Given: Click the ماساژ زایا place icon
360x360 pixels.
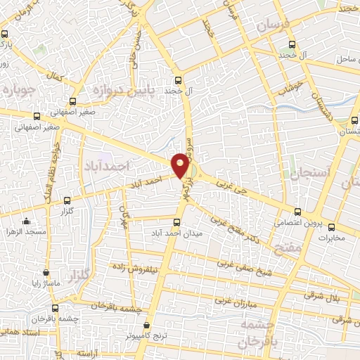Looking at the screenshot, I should pos(46,272).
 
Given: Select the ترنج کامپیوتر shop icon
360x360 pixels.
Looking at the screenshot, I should pos(147,326).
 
